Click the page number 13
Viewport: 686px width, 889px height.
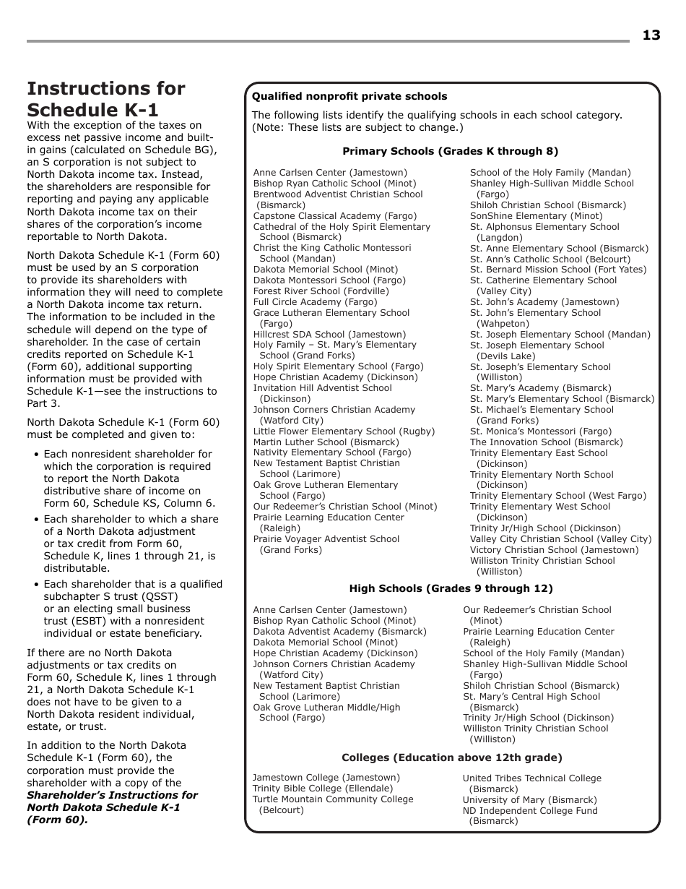pos(651,35)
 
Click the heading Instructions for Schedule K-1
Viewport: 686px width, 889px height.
pos(105,99)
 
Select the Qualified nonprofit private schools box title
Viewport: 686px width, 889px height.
pos(349,96)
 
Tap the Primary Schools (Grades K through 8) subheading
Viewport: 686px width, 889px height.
pos(450,151)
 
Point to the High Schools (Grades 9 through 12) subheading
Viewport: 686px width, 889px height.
pos(451,588)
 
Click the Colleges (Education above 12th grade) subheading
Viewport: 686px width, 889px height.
pos(451,757)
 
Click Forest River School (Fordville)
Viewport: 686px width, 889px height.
pos(321,291)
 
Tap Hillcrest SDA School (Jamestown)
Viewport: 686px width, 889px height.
pos(329,335)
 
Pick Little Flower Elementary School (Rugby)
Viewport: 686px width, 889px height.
pos(344,431)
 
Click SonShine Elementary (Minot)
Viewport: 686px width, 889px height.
pos(536,216)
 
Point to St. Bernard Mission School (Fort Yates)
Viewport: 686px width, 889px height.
pos(558,270)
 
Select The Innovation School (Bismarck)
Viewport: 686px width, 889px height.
pos(546,442)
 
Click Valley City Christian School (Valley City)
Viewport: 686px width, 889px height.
pos(560,539)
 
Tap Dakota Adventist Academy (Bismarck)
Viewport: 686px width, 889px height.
pos(339,632)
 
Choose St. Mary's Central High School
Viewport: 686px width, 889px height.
pos(531,697)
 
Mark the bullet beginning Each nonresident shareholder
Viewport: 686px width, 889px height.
pos(128,455)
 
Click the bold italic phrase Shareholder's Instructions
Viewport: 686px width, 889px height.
pos(112,795)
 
